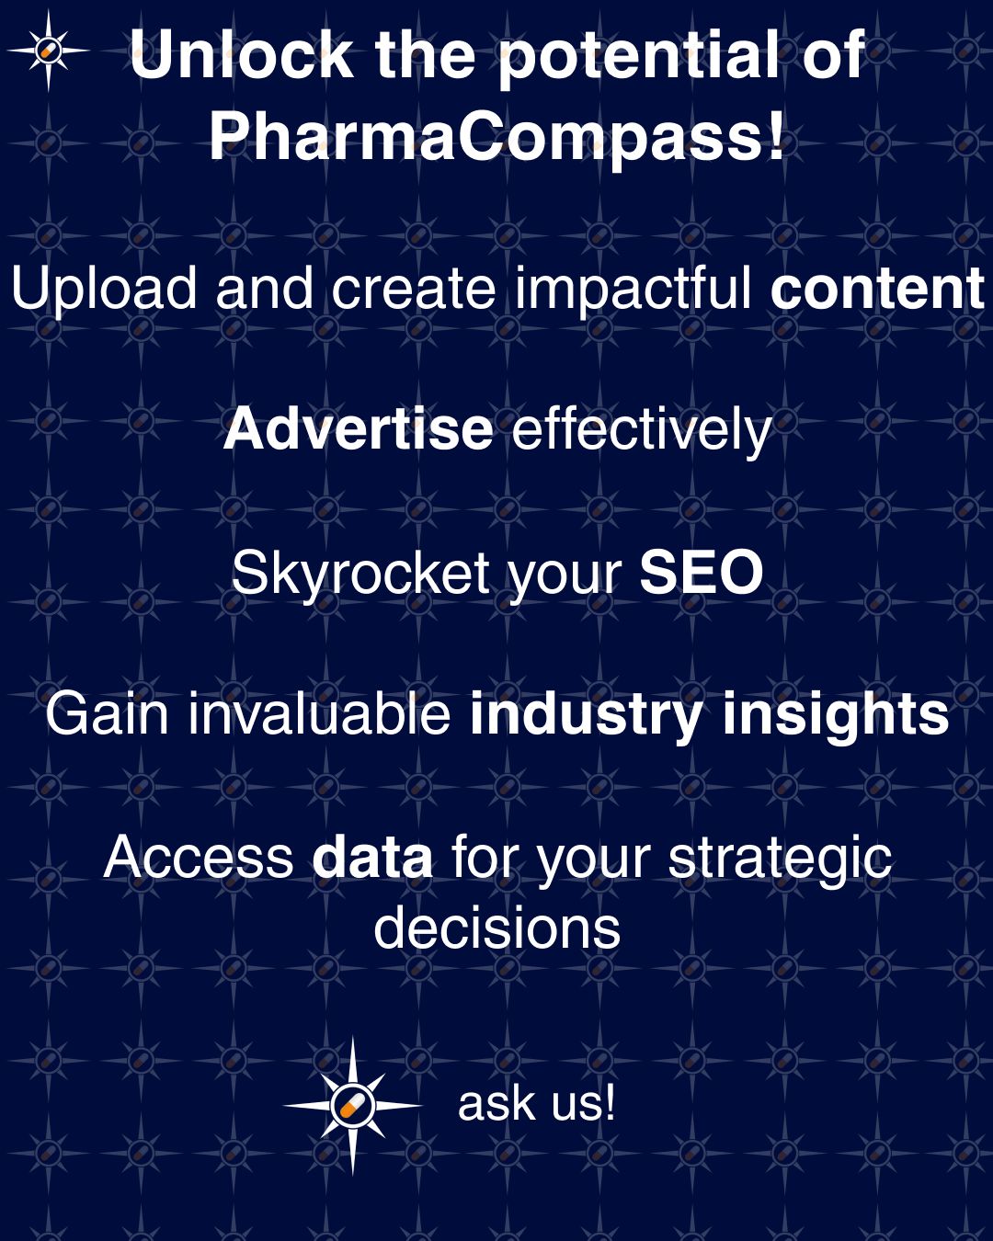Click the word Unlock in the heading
pos(241,54)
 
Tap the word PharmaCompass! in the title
pos(496,138)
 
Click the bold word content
pos(876,289)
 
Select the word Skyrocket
pos(361,574)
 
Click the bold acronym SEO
pos(702,572)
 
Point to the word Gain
pos(107,714)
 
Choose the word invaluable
pos(319,714)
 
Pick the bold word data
pos(372,857)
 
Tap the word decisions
pos(496,928)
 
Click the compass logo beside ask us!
pos(352,1106)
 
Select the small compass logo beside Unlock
pos(49,51)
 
